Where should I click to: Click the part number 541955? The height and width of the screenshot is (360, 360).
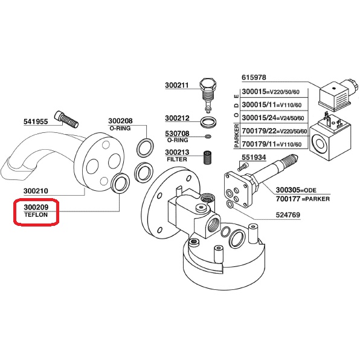[x=36, y=121]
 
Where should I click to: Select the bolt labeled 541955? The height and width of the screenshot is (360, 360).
[x=66, y=120]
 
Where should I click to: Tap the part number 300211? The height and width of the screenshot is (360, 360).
[x=177, y=85]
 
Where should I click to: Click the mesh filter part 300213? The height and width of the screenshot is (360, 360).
[x=208, y=158]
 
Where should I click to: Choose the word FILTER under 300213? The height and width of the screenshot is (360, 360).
[x=177, y=159]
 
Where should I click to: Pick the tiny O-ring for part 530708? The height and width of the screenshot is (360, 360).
[x=208, y=137]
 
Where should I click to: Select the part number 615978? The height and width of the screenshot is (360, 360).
[x=254, y=77]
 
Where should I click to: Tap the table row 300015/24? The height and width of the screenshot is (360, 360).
[x=273, y=118]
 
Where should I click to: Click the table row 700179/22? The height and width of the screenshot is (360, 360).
[x=274, y=131]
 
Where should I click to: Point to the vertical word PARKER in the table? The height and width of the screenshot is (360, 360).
[x=237, y=136]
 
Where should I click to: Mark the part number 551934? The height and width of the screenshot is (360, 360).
[x=254, y=157]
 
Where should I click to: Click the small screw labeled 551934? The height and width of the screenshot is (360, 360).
[x=243, y=167]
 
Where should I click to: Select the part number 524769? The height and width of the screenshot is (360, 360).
[x=288, y=215]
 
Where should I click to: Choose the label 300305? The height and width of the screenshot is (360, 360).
[x=288, y=190]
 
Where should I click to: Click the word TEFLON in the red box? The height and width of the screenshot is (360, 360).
[x=36, y=215]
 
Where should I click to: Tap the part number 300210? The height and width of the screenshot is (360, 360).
[x=36, y=191]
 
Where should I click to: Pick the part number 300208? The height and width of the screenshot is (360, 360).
[x=120, y=121]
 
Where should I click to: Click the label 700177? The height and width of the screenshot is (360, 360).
[x=288, y=199]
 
